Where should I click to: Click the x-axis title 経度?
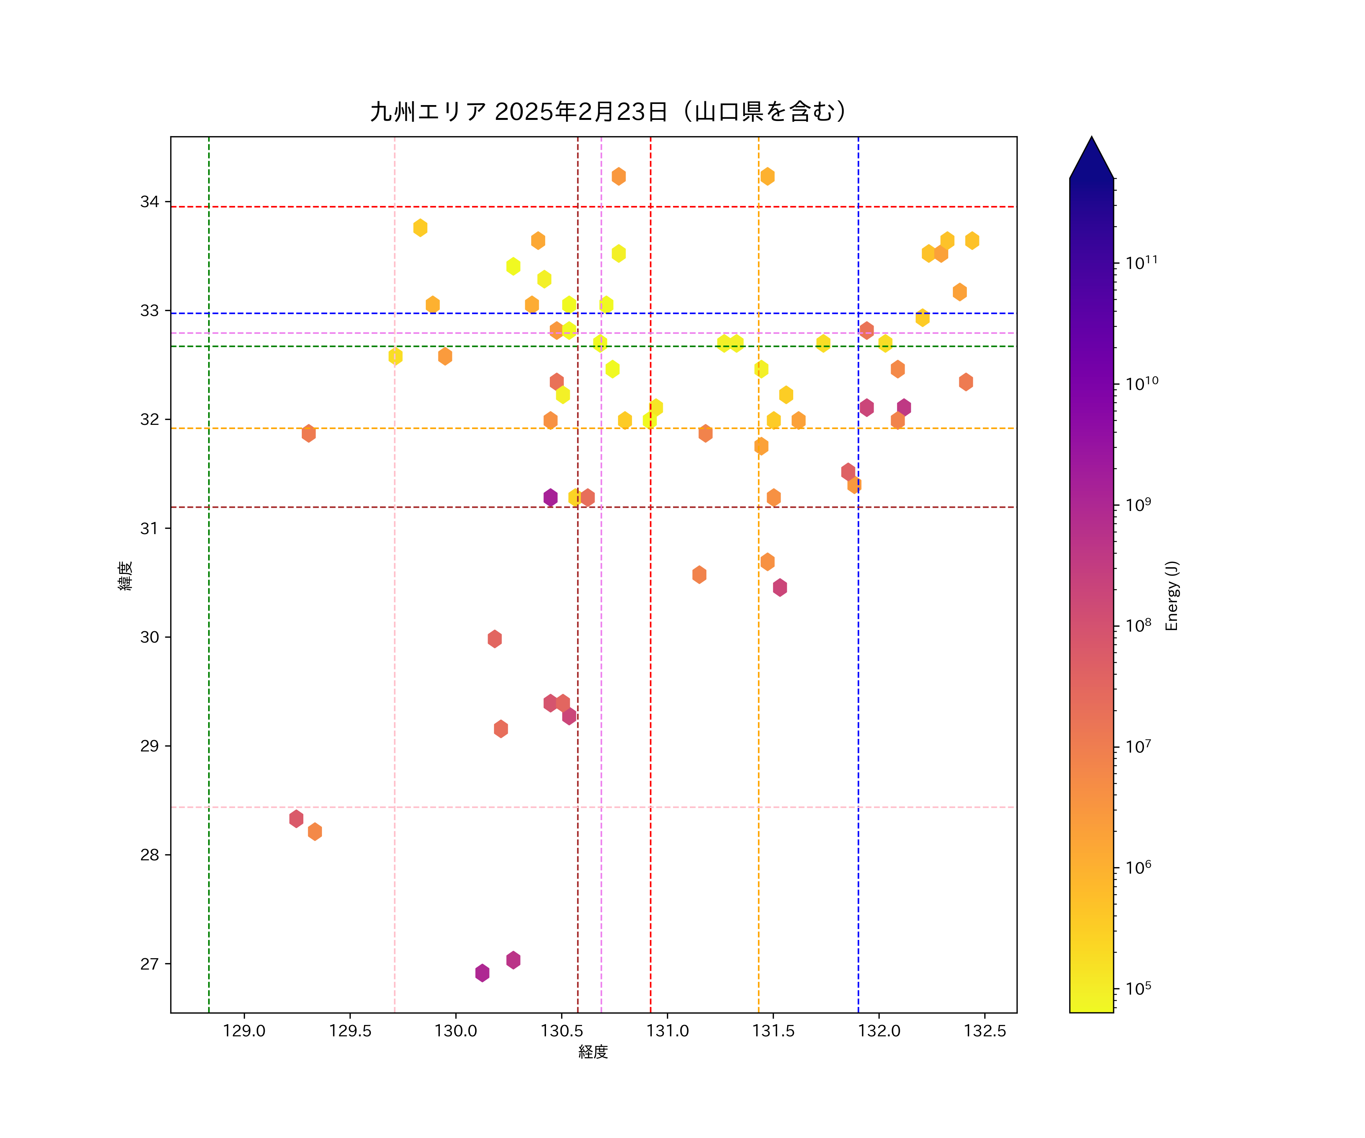click(593, 1052)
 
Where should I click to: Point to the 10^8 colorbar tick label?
click(1138, 626)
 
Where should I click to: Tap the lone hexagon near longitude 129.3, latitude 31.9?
click(309, 433)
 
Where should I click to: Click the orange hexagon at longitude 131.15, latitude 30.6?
click(699, 574)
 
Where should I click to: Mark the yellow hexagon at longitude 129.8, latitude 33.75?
click(420, 228)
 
